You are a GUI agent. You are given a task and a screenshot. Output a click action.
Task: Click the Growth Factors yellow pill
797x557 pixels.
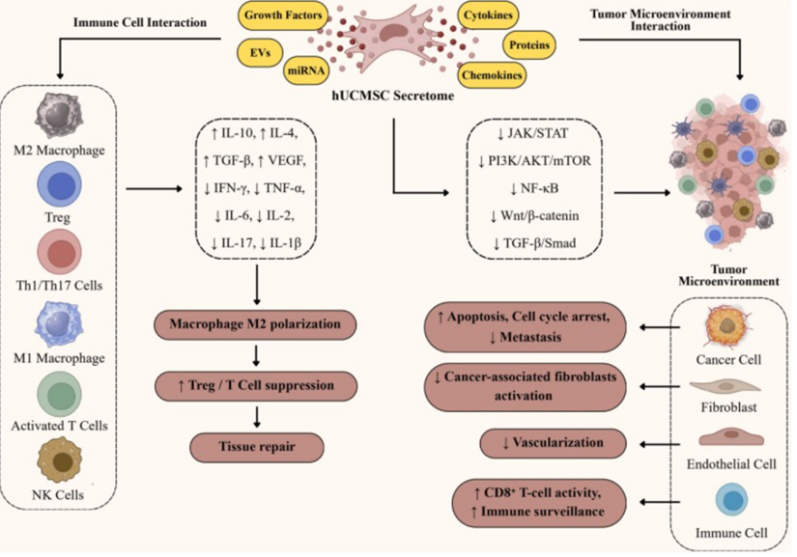[282, 17]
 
